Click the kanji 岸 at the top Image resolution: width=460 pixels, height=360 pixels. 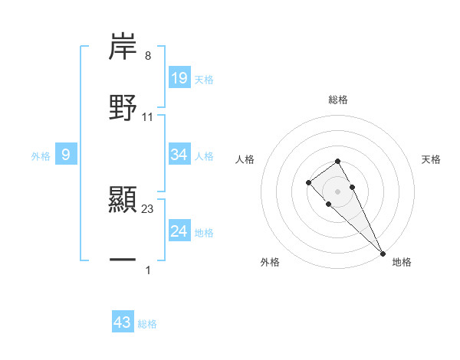point(123,47)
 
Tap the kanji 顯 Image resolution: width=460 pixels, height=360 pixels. point(123,199)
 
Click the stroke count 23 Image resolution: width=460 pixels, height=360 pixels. point(148,209)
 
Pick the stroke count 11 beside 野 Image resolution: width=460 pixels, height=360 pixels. point(148,116)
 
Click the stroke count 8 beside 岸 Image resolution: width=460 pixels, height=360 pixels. point(148,56)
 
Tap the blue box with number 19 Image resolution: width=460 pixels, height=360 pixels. point(179,77)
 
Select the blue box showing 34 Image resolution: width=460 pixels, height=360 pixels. point(179,155)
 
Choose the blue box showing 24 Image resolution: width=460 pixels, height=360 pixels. point(179,231)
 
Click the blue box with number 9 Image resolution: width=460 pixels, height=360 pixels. point(66,155)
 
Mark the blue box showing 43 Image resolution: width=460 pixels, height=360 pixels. point(123,322)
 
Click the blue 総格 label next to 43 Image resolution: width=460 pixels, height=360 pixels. point(147,324)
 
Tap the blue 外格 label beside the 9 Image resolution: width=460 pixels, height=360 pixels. point(41,156)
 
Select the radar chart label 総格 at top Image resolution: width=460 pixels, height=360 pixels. point(337,100)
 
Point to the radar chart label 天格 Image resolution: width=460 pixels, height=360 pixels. point(432,159)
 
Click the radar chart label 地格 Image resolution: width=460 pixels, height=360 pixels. point(402,262)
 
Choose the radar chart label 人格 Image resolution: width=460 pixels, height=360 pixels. point(245,159)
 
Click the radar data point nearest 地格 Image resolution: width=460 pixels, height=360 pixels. point(382,253)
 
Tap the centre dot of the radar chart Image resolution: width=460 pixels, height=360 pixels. point(337,191)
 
